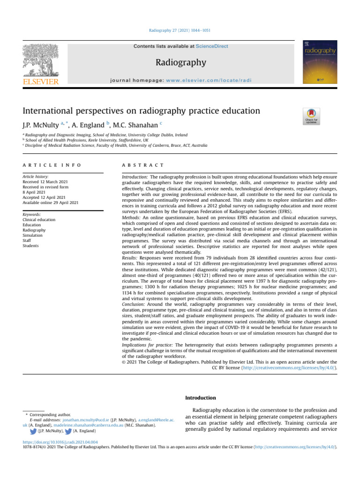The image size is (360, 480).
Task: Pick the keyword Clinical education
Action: click(39, 220)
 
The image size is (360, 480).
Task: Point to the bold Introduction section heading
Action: click(201, 398)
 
